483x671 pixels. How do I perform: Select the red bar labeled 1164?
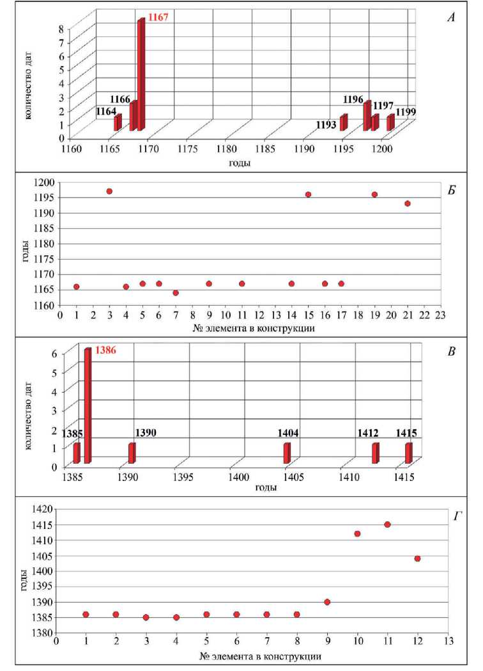click(x=118, y=123)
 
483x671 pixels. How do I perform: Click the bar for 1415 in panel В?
click(x=408, y=453)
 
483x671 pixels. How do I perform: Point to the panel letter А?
click(x=450, y=18)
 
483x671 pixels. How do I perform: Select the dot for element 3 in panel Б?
click(x=109, y=191)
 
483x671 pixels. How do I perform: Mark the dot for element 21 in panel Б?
click(x=407, y=203)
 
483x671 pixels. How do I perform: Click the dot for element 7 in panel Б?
click(x=176, y=293)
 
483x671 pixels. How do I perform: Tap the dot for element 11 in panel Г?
click(x=387, y=525)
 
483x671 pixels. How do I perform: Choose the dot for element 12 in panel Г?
click(x=417, y=558)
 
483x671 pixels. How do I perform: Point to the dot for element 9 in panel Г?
click(x=326, y=602)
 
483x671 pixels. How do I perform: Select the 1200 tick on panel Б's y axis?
click(x=45, y=182)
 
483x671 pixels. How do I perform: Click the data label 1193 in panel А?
click(x=326, y=125)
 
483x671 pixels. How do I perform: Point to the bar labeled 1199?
click(x=390, y=123)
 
